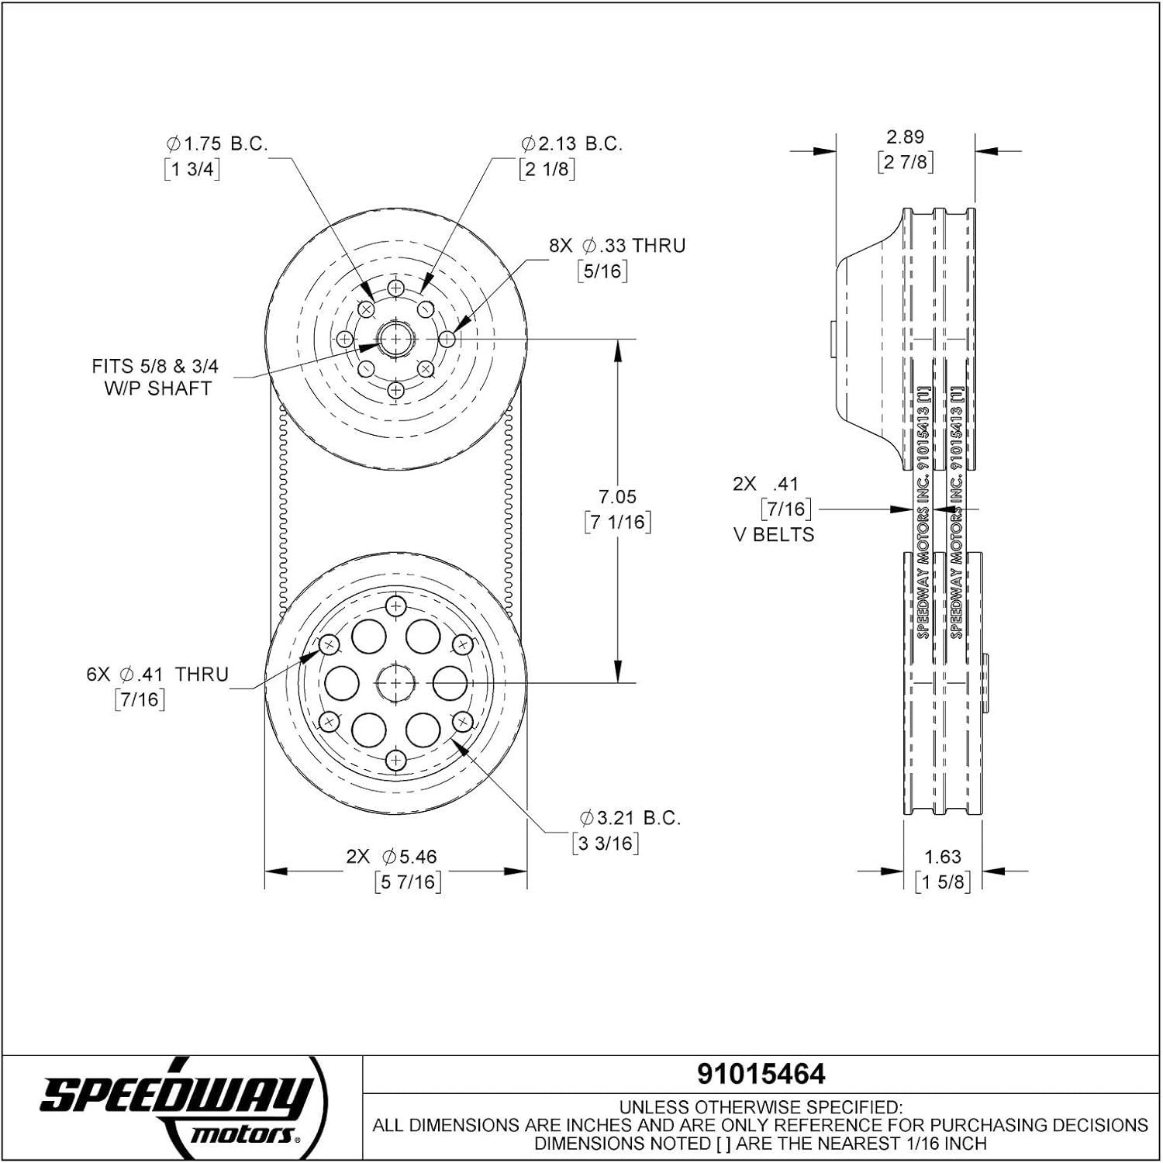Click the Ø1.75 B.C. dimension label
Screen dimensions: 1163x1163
coord(216,143)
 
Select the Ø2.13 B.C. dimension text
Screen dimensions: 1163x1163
coord(571,143)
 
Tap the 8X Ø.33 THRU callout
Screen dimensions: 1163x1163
coord(617,246)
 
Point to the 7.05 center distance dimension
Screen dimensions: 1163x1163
coord(617,496)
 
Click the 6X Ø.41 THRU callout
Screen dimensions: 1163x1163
coord(157,675)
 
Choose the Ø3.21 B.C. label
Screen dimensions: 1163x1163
coord(630,817)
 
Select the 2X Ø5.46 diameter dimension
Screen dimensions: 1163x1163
coord(392,857)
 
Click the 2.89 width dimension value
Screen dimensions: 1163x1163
coord(905,136)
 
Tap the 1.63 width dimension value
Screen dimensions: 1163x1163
coord(942,857)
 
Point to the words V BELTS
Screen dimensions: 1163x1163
coord(774,535)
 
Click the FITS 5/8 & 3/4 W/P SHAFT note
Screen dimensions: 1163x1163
coord(155,377)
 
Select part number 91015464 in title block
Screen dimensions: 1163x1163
coord(761,1074)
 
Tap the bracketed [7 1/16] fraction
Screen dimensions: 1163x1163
coord(617,522)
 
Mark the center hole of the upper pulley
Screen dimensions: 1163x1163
coord(395,339)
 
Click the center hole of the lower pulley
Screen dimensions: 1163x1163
coord(395,682)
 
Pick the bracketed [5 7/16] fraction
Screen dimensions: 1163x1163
coord(407,882)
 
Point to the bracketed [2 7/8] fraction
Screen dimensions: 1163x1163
coord(905,162)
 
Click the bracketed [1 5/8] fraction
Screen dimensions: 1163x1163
coord(942,882)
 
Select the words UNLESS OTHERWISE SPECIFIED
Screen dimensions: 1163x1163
coord(760,1107)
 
